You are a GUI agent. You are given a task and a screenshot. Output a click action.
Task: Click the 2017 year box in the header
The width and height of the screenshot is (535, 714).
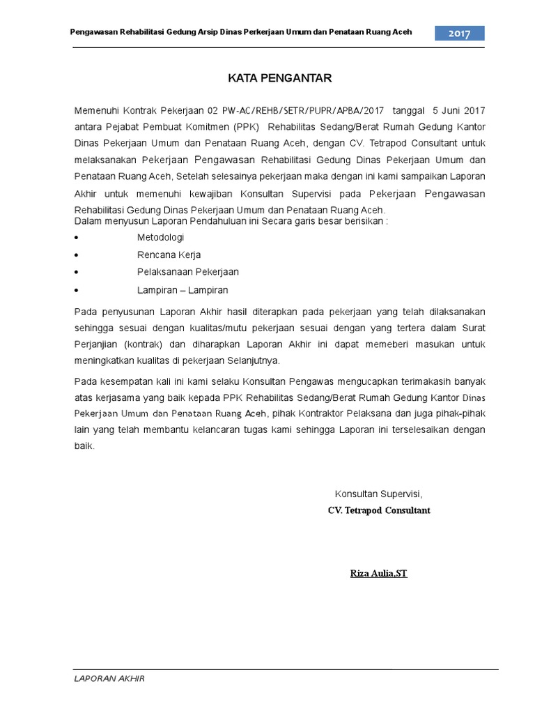click(x=460, y=33)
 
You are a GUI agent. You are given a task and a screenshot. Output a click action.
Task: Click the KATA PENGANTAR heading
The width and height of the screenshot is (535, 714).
click(x=280, y=78)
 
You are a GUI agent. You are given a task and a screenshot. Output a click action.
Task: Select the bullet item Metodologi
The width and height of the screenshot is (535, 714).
click(x=160, y=238)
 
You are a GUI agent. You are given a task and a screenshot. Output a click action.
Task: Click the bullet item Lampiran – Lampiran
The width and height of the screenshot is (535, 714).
click(x=183, y=289)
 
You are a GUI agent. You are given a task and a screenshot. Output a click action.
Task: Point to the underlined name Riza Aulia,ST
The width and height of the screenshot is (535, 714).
click(x=378, y=574)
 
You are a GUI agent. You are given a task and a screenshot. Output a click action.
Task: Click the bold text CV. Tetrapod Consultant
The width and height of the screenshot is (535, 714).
click(x=379, y=510)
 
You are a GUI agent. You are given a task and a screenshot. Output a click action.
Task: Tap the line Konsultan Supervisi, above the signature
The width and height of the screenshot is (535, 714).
click(x=378, y=494)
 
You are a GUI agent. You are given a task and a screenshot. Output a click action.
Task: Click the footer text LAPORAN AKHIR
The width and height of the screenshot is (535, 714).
click(x=109, y=678)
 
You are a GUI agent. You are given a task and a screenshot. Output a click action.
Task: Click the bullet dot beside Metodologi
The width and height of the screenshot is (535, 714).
click(x=76, y=238)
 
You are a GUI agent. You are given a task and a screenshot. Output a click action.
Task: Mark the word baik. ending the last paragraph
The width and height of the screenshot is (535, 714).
click(x=83, y=446)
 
